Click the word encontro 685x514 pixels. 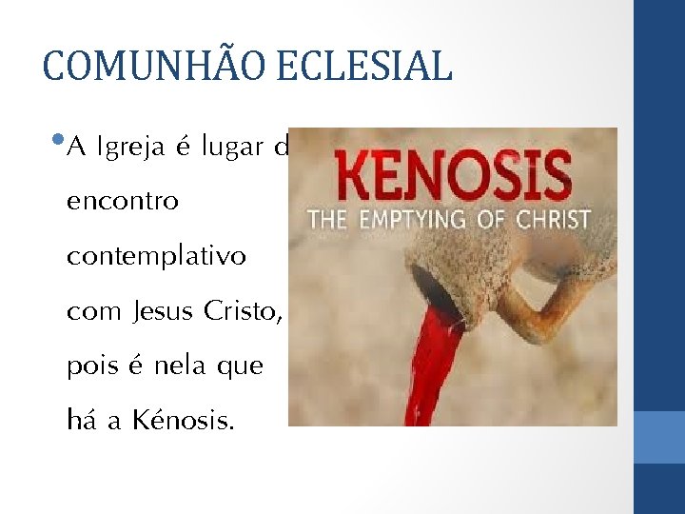coord(122,203)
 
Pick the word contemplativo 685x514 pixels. coord(156,257)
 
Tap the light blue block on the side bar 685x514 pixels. coord(659,437)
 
